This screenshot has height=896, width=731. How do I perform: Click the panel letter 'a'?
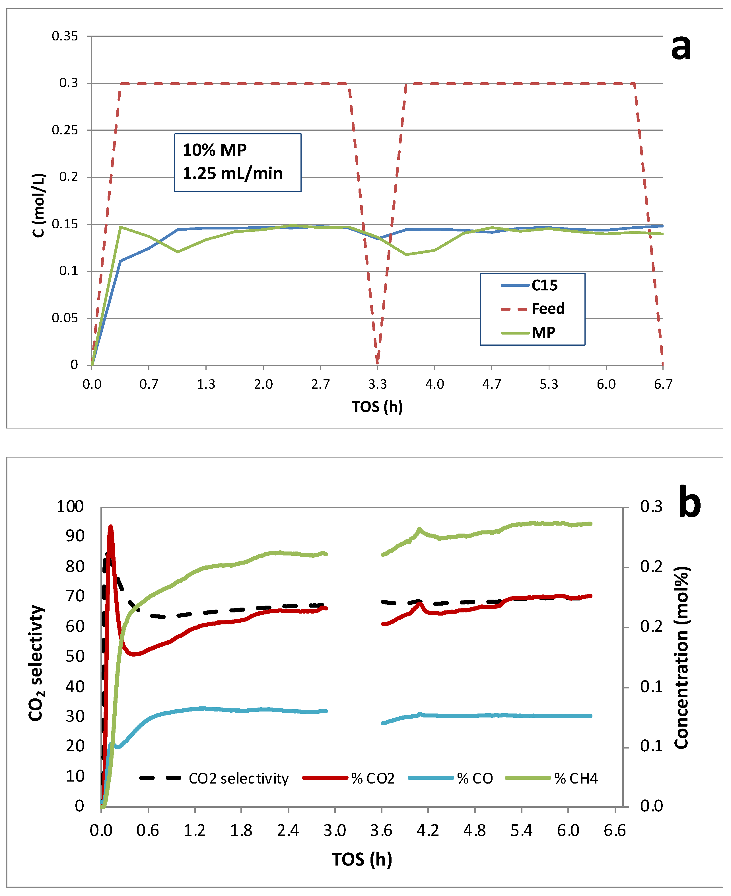[x=681, y=48]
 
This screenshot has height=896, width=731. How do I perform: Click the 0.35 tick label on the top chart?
[x=65, y=36]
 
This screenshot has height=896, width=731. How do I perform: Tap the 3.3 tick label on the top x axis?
[x=377, y=384]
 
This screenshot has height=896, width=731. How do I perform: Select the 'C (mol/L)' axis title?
[x=39, y=205]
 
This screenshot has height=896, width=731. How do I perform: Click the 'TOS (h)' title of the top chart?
[x=377, y=407]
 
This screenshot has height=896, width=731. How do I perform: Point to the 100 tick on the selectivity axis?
[x=70, y=506]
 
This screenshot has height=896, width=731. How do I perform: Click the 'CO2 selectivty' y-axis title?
[x=36, y=663]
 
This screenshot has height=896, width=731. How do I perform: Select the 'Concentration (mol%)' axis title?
[x=681, y=658]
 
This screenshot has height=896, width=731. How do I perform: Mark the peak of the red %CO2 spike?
[x=111, y=526]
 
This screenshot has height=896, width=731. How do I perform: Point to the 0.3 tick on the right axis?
[x=651, y=506]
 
